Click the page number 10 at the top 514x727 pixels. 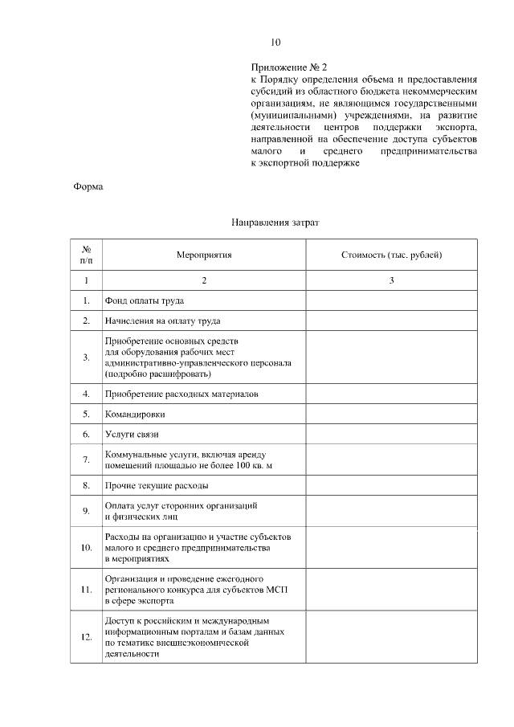[276, 42]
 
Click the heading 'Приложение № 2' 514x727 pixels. [290, 69]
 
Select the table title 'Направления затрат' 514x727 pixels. [275, 221]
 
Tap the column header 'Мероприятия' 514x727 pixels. [204, 255]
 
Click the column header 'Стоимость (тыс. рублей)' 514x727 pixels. [391, 255]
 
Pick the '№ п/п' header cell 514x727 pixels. [86, 255]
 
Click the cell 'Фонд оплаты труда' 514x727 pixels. [145, 301]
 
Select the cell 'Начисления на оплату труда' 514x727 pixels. [163, 321]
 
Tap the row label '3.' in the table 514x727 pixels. [86, 357]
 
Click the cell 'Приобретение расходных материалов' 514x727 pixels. [182, 394]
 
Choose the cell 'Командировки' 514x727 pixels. [135, 415]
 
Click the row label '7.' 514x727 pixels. [86, 460]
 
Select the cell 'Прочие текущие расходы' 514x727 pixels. [157, 486]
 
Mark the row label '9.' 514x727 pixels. [86, 511]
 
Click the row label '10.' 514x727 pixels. [86, 547]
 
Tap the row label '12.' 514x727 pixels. [86, 637]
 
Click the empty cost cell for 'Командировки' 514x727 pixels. [391, 415]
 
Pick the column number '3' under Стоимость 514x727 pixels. [391, 280]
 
